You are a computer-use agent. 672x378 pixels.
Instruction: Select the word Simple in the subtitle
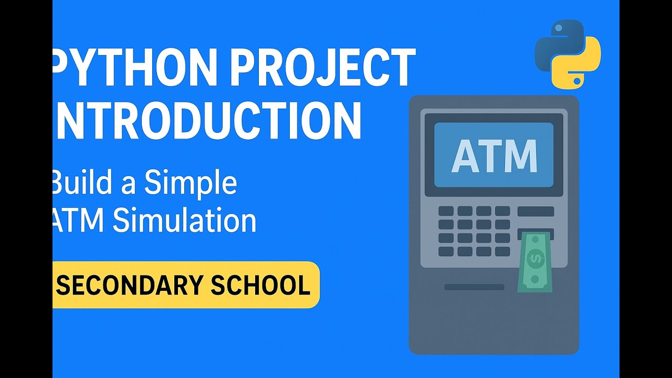tap(191, 183)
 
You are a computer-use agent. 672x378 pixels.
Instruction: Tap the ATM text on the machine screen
tap(494, 156)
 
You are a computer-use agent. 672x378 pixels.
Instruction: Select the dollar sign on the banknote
tap(535, 258)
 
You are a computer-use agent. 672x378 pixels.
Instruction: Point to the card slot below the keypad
tap(474, 287)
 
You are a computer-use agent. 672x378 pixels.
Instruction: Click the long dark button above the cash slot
tap(535, 212)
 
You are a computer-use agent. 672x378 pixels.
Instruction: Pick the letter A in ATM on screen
tap(463, 156)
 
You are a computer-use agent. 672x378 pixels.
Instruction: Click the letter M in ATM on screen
tap(520, 156)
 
